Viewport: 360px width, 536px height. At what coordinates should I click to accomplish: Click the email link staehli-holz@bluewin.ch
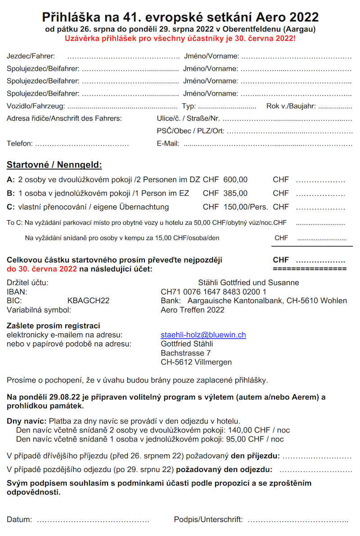[x=203, y=335]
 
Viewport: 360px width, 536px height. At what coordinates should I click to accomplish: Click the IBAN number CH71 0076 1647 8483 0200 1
[x=213, y=292]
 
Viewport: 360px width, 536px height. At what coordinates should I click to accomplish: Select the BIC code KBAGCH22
[x=88, y=301]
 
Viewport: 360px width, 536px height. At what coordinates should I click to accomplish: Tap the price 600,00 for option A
[x=235, y=179]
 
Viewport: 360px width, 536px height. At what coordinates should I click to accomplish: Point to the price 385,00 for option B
[x=235, y=193]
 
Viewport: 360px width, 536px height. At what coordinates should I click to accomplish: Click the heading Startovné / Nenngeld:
[x=54, y=165]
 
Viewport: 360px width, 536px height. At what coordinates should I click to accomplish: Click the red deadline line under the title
[x=180, y=38]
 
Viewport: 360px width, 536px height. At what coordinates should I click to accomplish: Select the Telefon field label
[x=20, y=144]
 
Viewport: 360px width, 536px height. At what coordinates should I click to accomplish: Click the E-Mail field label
[x=168, y=144]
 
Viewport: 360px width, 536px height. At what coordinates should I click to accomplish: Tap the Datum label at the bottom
[x=19, y=520]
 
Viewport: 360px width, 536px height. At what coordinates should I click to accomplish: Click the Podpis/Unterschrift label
[x=208, y=520]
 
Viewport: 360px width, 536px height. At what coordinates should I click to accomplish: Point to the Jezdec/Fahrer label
[x=31, y=56]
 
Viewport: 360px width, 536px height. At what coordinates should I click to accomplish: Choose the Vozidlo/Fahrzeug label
[x=36, y=106]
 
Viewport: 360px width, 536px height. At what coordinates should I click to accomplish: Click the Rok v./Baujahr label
[x=291, y=106]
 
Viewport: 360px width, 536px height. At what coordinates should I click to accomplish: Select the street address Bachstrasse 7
[x=185, y=353]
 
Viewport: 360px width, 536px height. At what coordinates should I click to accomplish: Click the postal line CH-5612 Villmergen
[x=196, y=362]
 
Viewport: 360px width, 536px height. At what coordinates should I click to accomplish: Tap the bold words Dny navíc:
[x=27, y=421]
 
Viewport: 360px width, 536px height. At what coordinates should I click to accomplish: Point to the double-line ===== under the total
[x=310, y=269]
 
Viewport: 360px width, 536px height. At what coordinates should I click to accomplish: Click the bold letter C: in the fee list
[x=11, y=207]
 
